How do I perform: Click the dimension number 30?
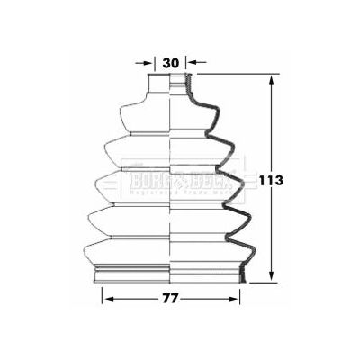click(171, 63)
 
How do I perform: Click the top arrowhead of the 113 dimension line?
click(271, 80)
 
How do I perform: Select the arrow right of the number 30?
click(195, 64)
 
